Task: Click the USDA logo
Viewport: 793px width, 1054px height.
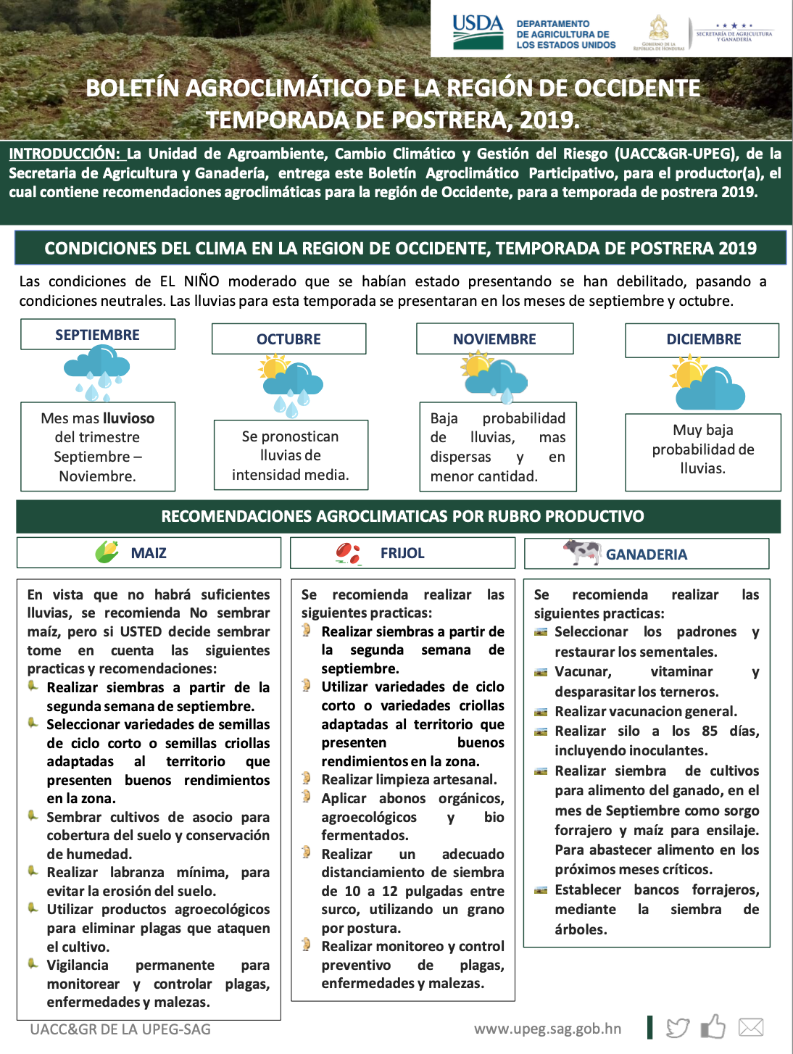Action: pyautogui.click(x=478, y=32)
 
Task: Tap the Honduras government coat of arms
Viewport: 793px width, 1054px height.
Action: pyautogui.click(x=658, y=30)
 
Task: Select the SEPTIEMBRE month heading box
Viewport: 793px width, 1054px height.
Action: pyautogui.click(x=98, y=335)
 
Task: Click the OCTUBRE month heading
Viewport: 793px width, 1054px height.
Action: pyautogui.click(x=288, y=339)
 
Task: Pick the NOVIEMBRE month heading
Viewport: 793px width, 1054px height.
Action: pyautogui.click(x=494, y=339)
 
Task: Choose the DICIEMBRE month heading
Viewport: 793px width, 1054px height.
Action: pyautogui.click(x=703, y=339)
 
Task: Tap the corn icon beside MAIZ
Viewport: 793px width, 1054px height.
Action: pyautogui.click(x=107, y=552)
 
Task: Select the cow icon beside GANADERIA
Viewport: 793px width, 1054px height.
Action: pyautogui.click(x=581, y=552)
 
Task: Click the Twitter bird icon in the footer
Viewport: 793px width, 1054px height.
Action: pyautogui.click(x=677, y=1028)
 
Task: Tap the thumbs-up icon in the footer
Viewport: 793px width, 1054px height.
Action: pyautogui.click(x=713, y=1026)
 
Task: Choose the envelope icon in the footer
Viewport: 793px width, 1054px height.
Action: pyautogui.click(x=751, y=1027)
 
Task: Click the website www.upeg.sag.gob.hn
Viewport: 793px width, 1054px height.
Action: pyautogui.click(x=547, y=1029)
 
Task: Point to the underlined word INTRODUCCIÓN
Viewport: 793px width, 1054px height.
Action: pyautogui.click(x=65, y=154)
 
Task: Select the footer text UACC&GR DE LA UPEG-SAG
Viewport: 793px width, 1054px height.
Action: pyautogui.click(x=120, y=1029)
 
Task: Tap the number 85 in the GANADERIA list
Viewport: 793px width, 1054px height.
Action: pyautogui.click(x=710, y=731)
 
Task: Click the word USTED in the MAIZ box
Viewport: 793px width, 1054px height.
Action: pyautogui.click(x=141, y=631)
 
